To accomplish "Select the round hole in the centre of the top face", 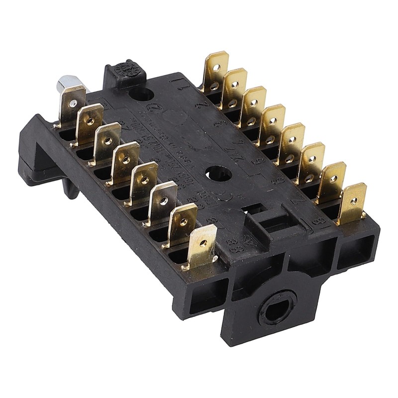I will click(x=218, y=174).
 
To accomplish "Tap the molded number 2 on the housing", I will click(x=202, y=105).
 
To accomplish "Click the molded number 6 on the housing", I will click(x=280, y=180).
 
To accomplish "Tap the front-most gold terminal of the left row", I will click(x=201, y=246).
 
